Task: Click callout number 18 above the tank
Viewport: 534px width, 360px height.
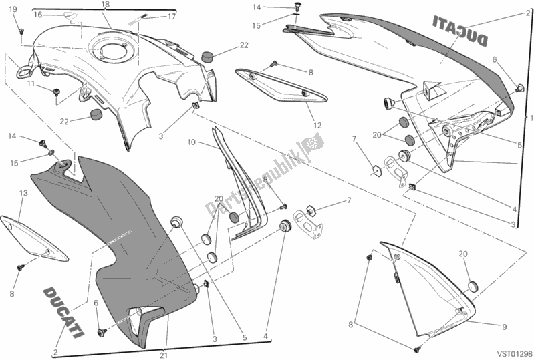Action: tap(106, 5)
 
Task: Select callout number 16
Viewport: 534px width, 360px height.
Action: tap(38, 13)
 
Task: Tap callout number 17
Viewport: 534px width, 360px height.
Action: tap(172, 16)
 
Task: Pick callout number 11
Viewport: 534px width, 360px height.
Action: tap(30, 83)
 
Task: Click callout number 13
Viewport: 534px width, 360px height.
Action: tap(22, 194)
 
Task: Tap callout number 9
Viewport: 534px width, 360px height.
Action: tap(495, 327)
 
